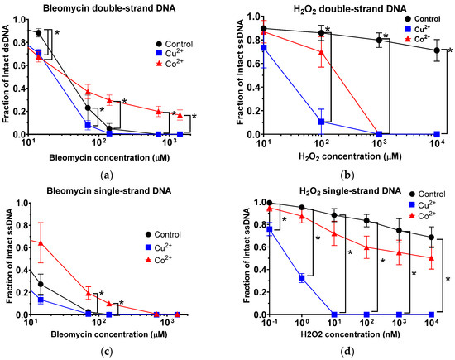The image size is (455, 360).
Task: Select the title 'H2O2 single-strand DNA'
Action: pyautogui.click(x=340, y=189)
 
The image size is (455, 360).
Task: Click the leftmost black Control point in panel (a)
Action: pyautogui.click(x=38, y=33)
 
